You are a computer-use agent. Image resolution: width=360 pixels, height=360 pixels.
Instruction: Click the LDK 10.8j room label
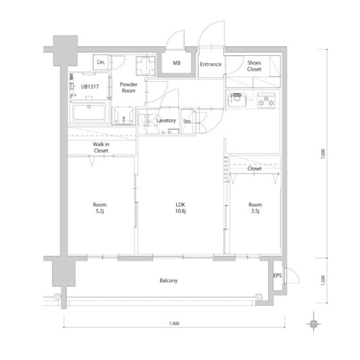(181, 208)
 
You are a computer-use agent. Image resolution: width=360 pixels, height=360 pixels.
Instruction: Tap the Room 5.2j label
(100, 208)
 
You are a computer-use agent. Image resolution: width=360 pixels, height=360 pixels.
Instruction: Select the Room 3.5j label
(255, 208)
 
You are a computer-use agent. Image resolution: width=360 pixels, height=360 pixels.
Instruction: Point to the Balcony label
(168, 280)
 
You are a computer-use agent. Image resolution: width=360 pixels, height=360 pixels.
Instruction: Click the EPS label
(277, 275)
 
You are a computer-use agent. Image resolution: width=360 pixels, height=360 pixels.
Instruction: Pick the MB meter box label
(177, 63)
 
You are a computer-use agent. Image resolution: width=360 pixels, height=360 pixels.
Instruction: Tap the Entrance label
(211, 64)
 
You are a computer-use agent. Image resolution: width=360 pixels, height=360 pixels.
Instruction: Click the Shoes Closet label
(254, 66)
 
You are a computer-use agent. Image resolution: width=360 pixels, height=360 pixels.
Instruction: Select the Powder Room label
(129, 87)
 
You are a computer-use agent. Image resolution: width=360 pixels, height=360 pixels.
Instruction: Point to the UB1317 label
(90, 87)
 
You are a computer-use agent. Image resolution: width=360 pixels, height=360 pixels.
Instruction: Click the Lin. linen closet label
(101, 62)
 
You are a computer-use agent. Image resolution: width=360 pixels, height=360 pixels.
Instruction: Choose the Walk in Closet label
(101, 147)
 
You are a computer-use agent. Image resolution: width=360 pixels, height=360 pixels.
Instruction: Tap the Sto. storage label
(187, 122)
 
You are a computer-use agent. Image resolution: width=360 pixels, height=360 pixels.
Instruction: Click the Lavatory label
(166, 120)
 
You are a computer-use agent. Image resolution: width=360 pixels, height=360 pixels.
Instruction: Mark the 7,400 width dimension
(174, 323)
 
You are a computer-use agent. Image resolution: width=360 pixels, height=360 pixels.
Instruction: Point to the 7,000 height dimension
(323, 154)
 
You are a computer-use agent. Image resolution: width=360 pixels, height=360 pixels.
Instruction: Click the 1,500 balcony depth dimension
(323, 280)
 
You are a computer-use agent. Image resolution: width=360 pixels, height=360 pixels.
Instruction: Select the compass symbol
(314, 324)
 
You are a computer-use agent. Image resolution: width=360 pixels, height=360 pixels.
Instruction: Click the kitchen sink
(237, 100)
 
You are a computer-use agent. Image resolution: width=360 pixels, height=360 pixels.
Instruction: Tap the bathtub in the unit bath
(89, 113)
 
